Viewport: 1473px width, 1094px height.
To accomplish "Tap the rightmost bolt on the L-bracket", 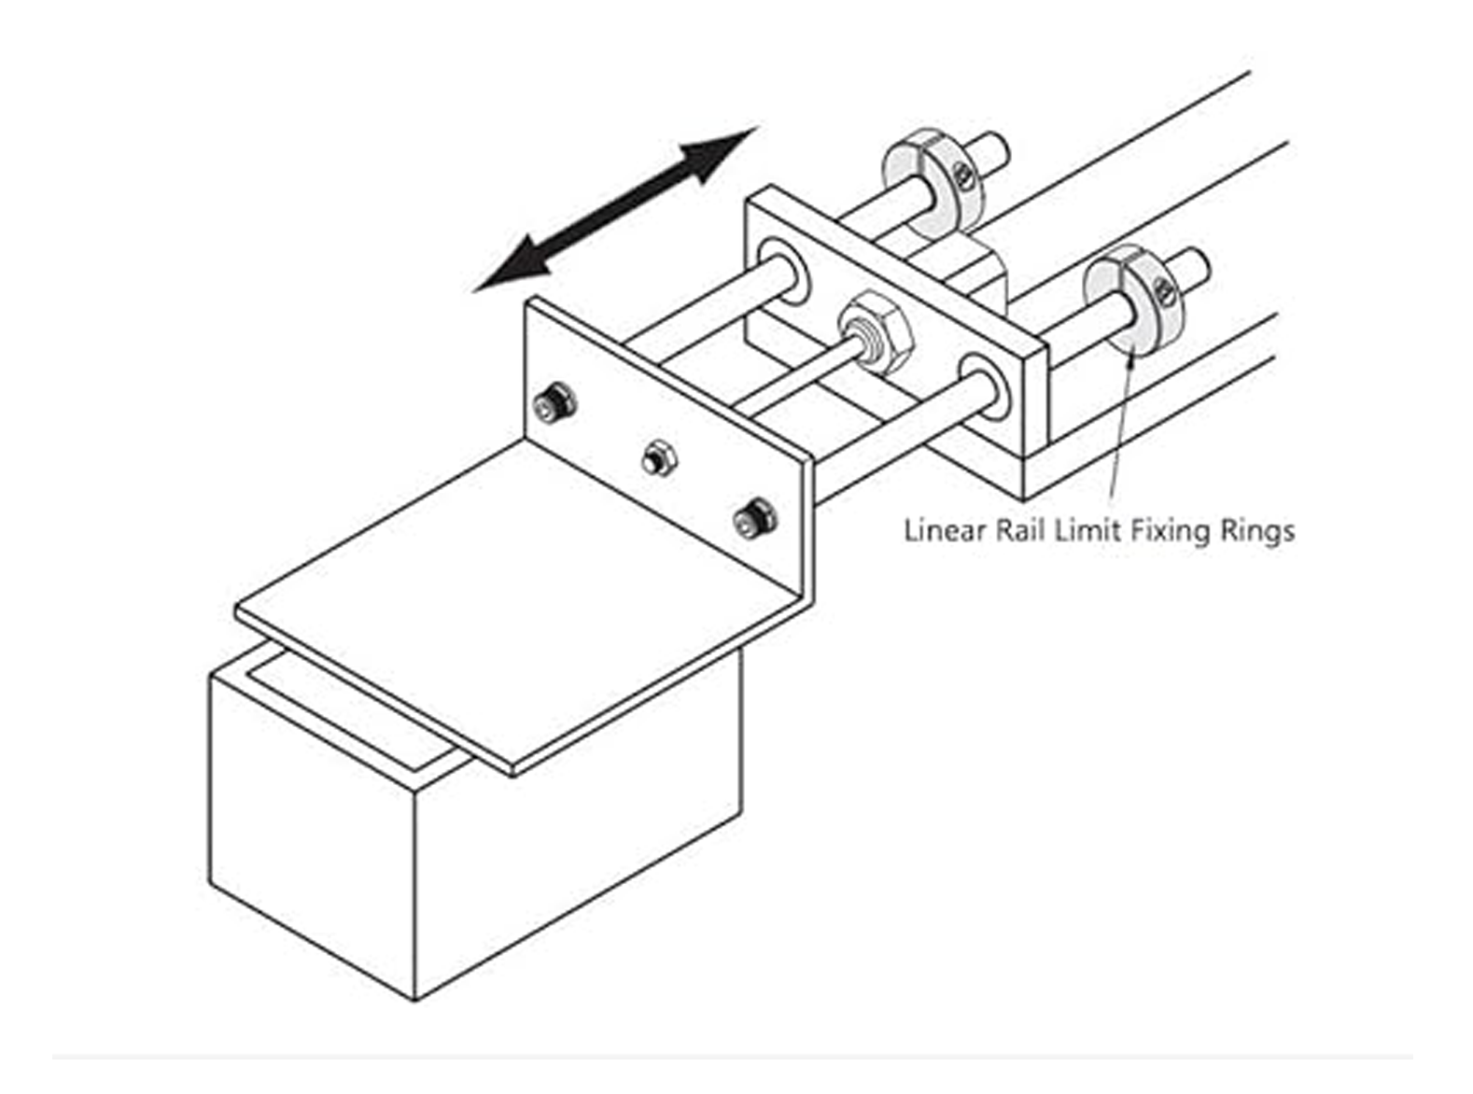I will pos(754,517).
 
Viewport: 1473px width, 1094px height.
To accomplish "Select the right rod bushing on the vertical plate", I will pos(985,386).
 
